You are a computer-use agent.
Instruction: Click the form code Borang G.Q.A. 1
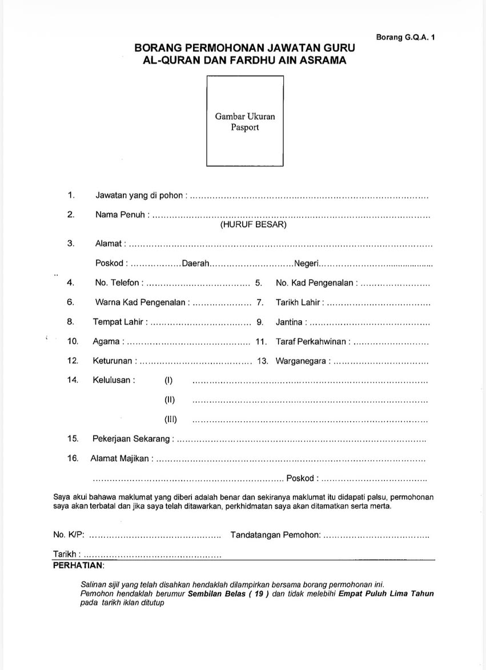(x=405, y=37)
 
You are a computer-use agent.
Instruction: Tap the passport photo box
(x=245, y=120)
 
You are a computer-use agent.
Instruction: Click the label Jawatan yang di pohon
(x=140, y=196)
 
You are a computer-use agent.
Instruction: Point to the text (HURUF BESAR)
(x=253, y=225)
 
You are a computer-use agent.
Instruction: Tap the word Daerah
(x=196, y=263)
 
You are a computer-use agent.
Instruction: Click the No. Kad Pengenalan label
(x=315, y=282)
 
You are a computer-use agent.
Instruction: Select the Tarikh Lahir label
(x=298, y=302)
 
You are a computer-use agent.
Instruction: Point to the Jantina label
(x=289, y=322)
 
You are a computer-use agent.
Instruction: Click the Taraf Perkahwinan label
(x=311, y=342)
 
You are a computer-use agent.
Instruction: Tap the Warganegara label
(x=301, y=361)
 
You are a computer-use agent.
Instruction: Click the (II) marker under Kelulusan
(x=170, y=400)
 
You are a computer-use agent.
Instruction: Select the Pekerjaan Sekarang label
(x=131, y=439)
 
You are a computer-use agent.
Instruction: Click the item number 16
(x=73, y=458)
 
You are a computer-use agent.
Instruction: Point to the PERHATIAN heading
(x=78, y=565)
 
